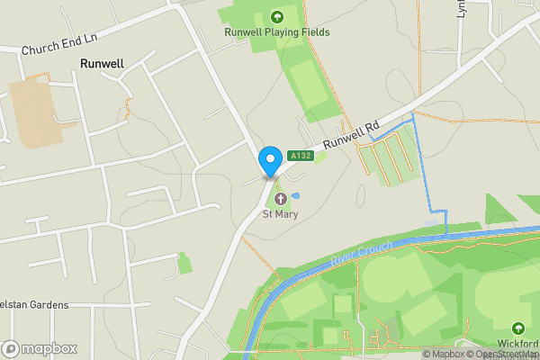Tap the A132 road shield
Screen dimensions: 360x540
pyautogui.click(x=301, y=156)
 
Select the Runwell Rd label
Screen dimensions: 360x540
pyautogui.click(x=352, y=136)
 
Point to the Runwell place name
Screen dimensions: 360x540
pyautogui.click(x=102, y=64)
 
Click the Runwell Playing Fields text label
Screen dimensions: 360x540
pyautogui.click(x=277, y=32)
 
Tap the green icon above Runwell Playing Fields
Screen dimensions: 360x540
pyautogui.click(x=277, y=15)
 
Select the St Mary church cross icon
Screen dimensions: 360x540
pyautogui.click(x=279, y=199)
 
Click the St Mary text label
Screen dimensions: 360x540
pyautogui.click(x=279, y=214)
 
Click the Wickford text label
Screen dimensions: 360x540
pyautogui.click(x=517, y=344)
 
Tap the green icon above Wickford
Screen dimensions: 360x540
pyautogui.click(x=518, y=328)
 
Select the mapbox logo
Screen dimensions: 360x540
pyautogui.click(x=40, y=348)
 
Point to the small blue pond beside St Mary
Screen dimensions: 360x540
pyautogui.click(x=296, y=195)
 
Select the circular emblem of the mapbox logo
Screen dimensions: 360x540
pyautogui.click(x=12, y=348)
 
